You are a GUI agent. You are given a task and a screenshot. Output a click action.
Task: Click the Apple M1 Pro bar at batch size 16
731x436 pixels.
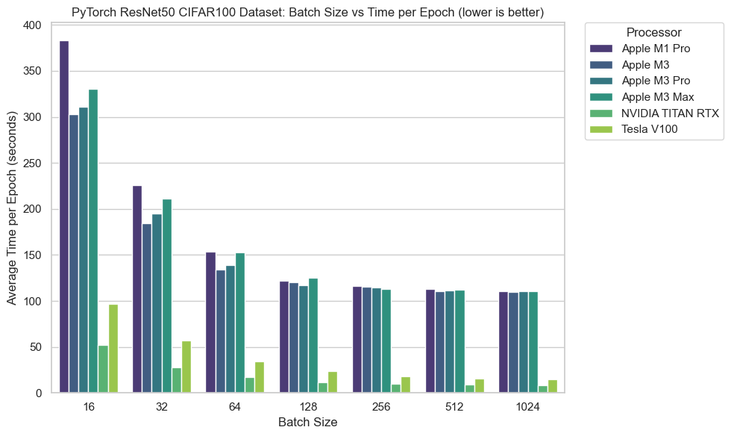click(64, 217)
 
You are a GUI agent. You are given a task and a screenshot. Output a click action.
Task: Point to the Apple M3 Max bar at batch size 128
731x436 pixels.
click(313, 335)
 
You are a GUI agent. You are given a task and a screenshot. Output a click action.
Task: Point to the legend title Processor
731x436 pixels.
click(653, 33)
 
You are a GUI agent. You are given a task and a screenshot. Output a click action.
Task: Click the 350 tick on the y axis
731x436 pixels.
click(31, 72)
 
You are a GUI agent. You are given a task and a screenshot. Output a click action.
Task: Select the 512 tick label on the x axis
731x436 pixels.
click(455, 408)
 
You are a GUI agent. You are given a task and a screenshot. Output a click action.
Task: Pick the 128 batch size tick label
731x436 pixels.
click(308, 408)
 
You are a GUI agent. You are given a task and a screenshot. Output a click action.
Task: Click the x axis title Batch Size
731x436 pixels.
click(308, 423)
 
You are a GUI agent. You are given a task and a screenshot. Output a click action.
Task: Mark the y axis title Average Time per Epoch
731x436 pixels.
click(13, 209)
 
